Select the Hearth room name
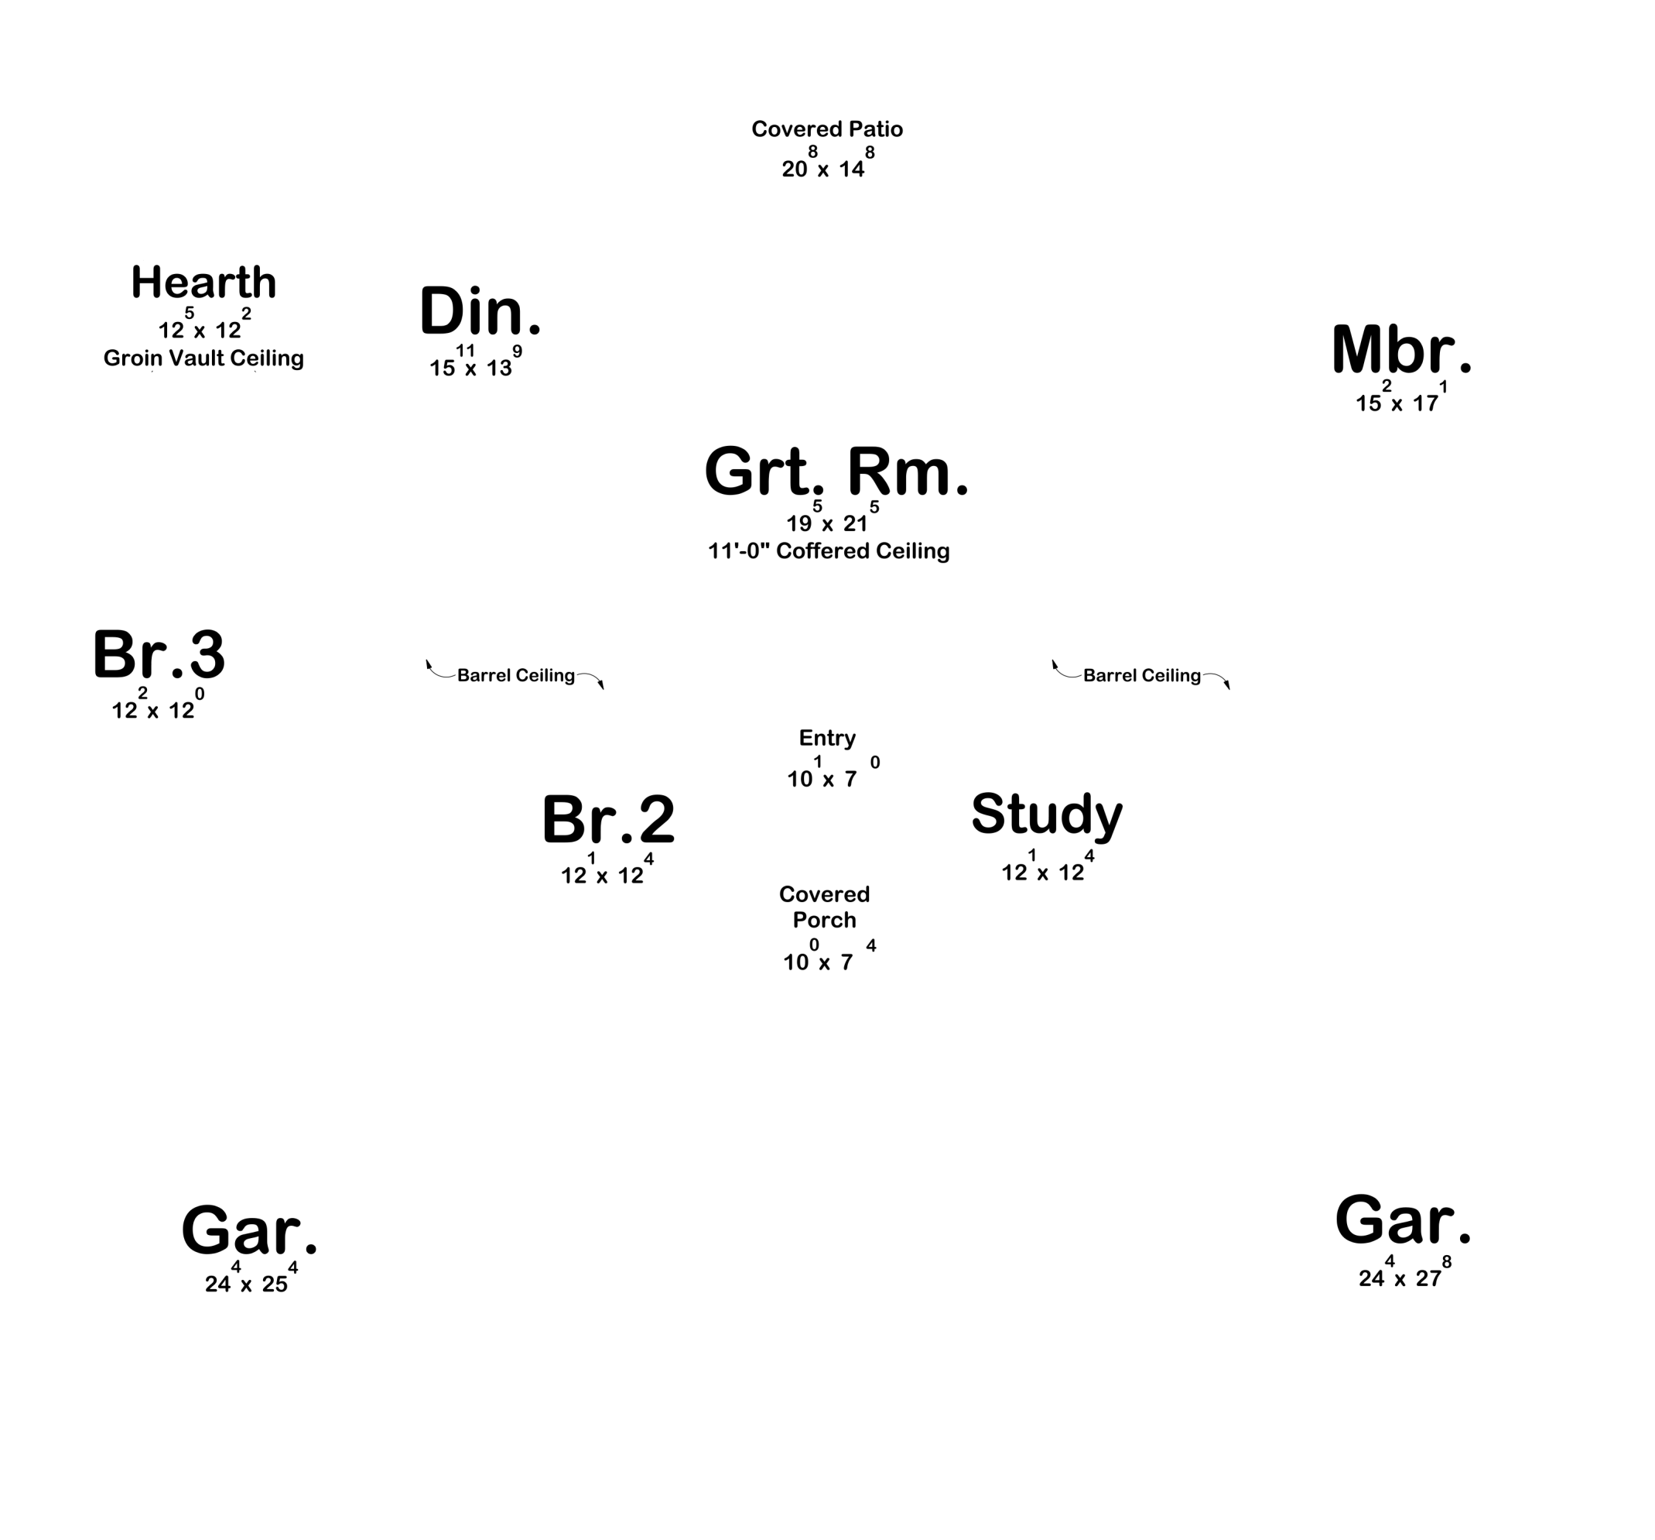click(204, 283)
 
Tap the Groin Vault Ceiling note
click(203, 358)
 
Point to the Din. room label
click(480, 310)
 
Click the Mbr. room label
click(1401, 349)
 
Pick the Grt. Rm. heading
click(836, 472)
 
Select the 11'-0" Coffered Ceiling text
click(829, 550)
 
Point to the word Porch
click(824, 920)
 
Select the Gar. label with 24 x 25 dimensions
click(249, 1230)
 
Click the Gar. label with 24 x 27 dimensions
click(1403, 1220)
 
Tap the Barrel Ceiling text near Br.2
click(516, 675)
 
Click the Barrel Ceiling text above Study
click(1141, 675)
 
